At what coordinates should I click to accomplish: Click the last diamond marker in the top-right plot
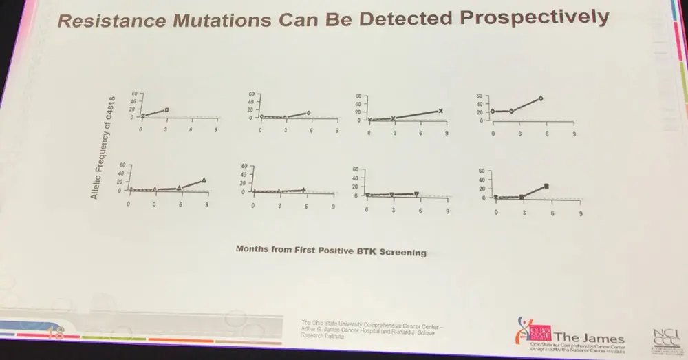(x=541, y=98)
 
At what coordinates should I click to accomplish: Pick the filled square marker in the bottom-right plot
(x=546, y=186)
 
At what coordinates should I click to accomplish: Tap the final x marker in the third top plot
(x=440, y=111)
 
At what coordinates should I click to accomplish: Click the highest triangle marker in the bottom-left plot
(x=204, y=180)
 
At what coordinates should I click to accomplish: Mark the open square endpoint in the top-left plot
(x=166, y=109)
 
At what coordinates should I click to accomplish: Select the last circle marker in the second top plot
(x=309, y=112)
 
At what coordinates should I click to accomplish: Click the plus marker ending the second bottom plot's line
(x=303, y=190)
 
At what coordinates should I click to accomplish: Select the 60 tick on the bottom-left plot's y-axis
(x=121, y=165)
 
